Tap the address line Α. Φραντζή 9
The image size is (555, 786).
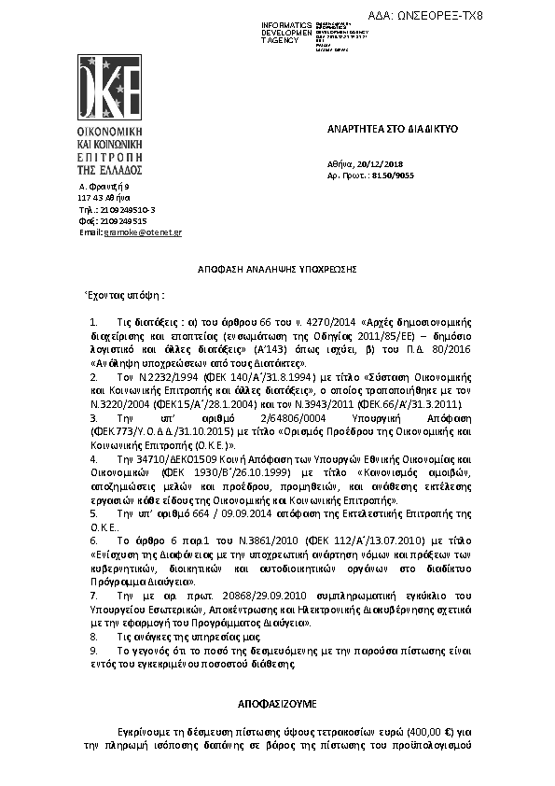click(104, 187)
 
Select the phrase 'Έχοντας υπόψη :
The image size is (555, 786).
click(124, 295)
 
